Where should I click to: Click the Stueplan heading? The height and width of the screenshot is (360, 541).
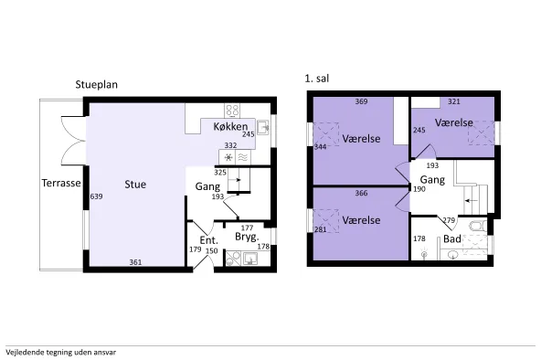click(97, 85)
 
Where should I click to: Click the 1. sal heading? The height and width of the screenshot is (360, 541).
click(317, 79)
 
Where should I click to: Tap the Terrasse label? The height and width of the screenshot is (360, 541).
click(61, 183)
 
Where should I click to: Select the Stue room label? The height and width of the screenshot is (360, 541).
click(135, 185)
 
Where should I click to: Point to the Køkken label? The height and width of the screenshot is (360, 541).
click(230, 127)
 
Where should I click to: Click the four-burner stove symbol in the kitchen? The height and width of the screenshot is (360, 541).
click(232, 111)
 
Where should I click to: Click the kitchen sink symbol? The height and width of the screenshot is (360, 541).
click(263, 128)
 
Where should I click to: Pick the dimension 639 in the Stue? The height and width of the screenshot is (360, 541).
click(96, 196)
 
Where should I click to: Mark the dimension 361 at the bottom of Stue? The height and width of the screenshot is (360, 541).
click(135, 262)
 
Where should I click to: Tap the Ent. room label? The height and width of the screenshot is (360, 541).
click(208, 240)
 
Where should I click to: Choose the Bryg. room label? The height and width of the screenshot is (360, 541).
click(247, 237)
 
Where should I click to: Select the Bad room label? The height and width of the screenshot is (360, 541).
click(452, 239)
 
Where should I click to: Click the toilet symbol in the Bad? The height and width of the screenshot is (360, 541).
click(478, 227)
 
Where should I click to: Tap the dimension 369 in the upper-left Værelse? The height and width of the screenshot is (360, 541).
click(361, 101)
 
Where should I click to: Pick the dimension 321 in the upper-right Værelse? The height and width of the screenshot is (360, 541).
click(454, 101)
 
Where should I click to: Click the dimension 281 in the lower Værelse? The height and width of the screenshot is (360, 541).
click(321, 229)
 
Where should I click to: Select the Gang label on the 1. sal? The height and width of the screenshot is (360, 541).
click(432, 180)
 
